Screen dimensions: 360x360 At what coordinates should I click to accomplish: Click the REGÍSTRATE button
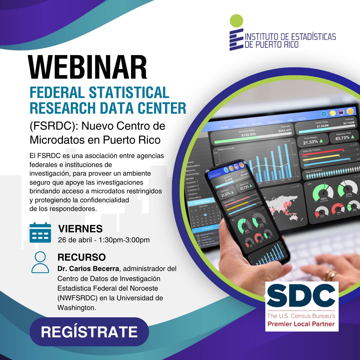tap(89, 332)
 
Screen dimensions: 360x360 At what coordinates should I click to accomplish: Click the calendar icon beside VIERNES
tap(40, 232)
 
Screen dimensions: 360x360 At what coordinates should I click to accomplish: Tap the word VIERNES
tap(80, 229)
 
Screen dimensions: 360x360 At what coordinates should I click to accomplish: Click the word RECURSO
tap(82, 257)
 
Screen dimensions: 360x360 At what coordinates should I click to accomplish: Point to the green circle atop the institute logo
tap(236, 21)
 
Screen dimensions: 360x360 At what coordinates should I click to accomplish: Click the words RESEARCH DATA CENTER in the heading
tap(108, 108)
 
